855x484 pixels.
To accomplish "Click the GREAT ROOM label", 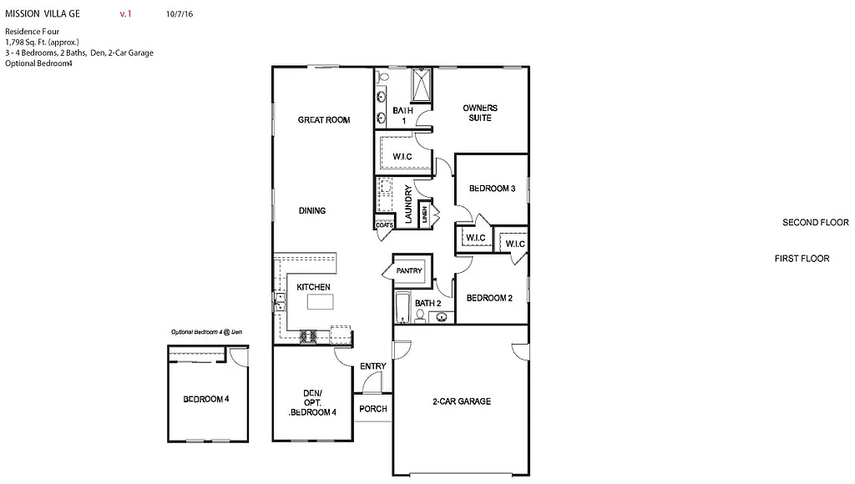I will (324, 120).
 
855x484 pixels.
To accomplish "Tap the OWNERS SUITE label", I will (480, 113).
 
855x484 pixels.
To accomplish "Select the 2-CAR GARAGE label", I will (462, 401).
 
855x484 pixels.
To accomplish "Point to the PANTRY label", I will (409, 271).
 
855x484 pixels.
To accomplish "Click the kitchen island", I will (320, 301).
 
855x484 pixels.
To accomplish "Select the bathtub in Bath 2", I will (402, 307).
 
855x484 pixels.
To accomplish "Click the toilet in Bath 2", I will (420, 315).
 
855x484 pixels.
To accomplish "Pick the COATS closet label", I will (384, 224).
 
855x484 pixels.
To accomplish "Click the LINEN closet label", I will (424, 215).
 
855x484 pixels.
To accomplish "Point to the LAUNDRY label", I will (409, 205).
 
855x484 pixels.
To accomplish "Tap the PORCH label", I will (372, 409).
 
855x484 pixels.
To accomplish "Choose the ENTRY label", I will (372, 366).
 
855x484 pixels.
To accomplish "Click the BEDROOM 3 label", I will (492, 189).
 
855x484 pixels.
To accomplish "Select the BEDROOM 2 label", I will (489, 298).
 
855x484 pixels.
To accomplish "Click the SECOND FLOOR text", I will (815, 223).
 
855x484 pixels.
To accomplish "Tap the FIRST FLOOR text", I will (802, 259).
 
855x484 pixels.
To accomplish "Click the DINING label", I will (312, 211).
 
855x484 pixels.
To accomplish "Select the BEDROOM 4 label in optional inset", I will (206, 400).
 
